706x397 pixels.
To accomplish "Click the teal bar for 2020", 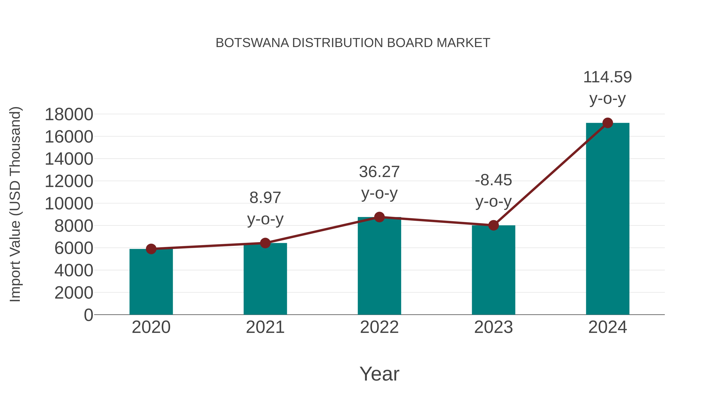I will click(x=151, y=282).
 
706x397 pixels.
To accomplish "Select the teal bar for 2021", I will click(x=265, y=279).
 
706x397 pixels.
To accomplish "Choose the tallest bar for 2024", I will click(x=608, y=219).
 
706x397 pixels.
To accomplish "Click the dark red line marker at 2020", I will click(x=151, y=249).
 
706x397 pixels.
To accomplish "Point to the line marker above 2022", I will click(x=379, y=217).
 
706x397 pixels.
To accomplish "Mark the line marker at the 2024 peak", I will click(x=608, y=123).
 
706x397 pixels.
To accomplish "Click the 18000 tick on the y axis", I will click(x=69, y=114).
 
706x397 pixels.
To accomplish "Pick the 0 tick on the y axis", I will click(x=88, y=315).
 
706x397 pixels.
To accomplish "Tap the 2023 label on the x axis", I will click(x=493, y=327).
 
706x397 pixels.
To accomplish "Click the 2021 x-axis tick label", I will click(x=265, y=327).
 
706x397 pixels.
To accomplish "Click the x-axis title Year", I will click(x=379, y=374).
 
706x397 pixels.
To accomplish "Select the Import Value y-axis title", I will click(x=15, y=204).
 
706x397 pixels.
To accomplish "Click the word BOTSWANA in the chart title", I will click(x=252, y=43).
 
